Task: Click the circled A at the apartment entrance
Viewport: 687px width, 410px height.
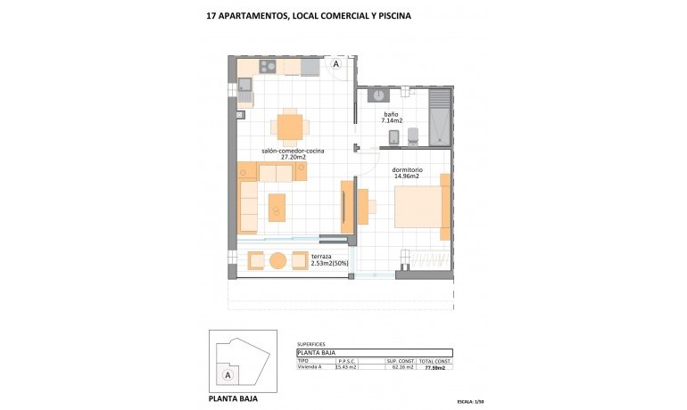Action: point(335,64)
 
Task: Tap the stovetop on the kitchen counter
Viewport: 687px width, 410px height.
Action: point(269,67)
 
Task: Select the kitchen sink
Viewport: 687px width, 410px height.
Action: point(244,87)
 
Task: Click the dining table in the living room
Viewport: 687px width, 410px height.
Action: point(289,127)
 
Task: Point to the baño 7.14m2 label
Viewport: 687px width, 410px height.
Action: point(393,118)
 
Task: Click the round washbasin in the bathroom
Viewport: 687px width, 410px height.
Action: point(378,94)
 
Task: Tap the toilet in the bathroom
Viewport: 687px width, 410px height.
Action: point(412,136)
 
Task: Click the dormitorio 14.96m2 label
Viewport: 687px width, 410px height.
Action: point(407,172)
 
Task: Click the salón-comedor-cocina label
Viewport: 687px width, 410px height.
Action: point(293,154)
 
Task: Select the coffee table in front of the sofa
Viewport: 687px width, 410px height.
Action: point(277,208)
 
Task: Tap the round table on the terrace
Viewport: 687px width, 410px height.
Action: point(277,260)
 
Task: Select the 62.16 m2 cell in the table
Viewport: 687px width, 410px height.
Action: point(398,366)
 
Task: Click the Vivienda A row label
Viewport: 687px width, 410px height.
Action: point(310,366)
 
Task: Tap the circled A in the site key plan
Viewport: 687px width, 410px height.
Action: point(228,375)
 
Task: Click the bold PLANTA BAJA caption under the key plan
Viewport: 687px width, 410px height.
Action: point(233,399)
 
